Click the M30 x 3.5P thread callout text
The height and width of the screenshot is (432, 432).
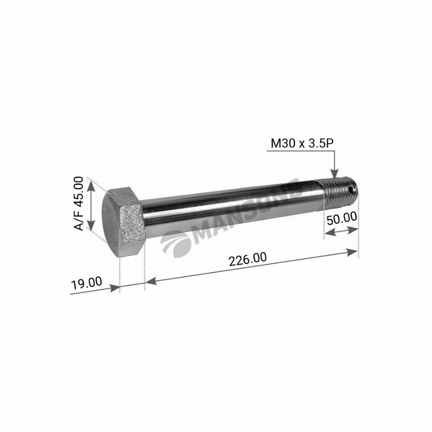(x=302, y=144)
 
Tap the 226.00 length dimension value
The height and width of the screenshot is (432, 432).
(x=248, y=259)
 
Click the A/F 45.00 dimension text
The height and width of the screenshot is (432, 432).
(x=79, y=204)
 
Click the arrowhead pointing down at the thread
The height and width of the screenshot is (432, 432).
(x=334, y=174)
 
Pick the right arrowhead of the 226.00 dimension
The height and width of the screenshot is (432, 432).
(x=352, y=252)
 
